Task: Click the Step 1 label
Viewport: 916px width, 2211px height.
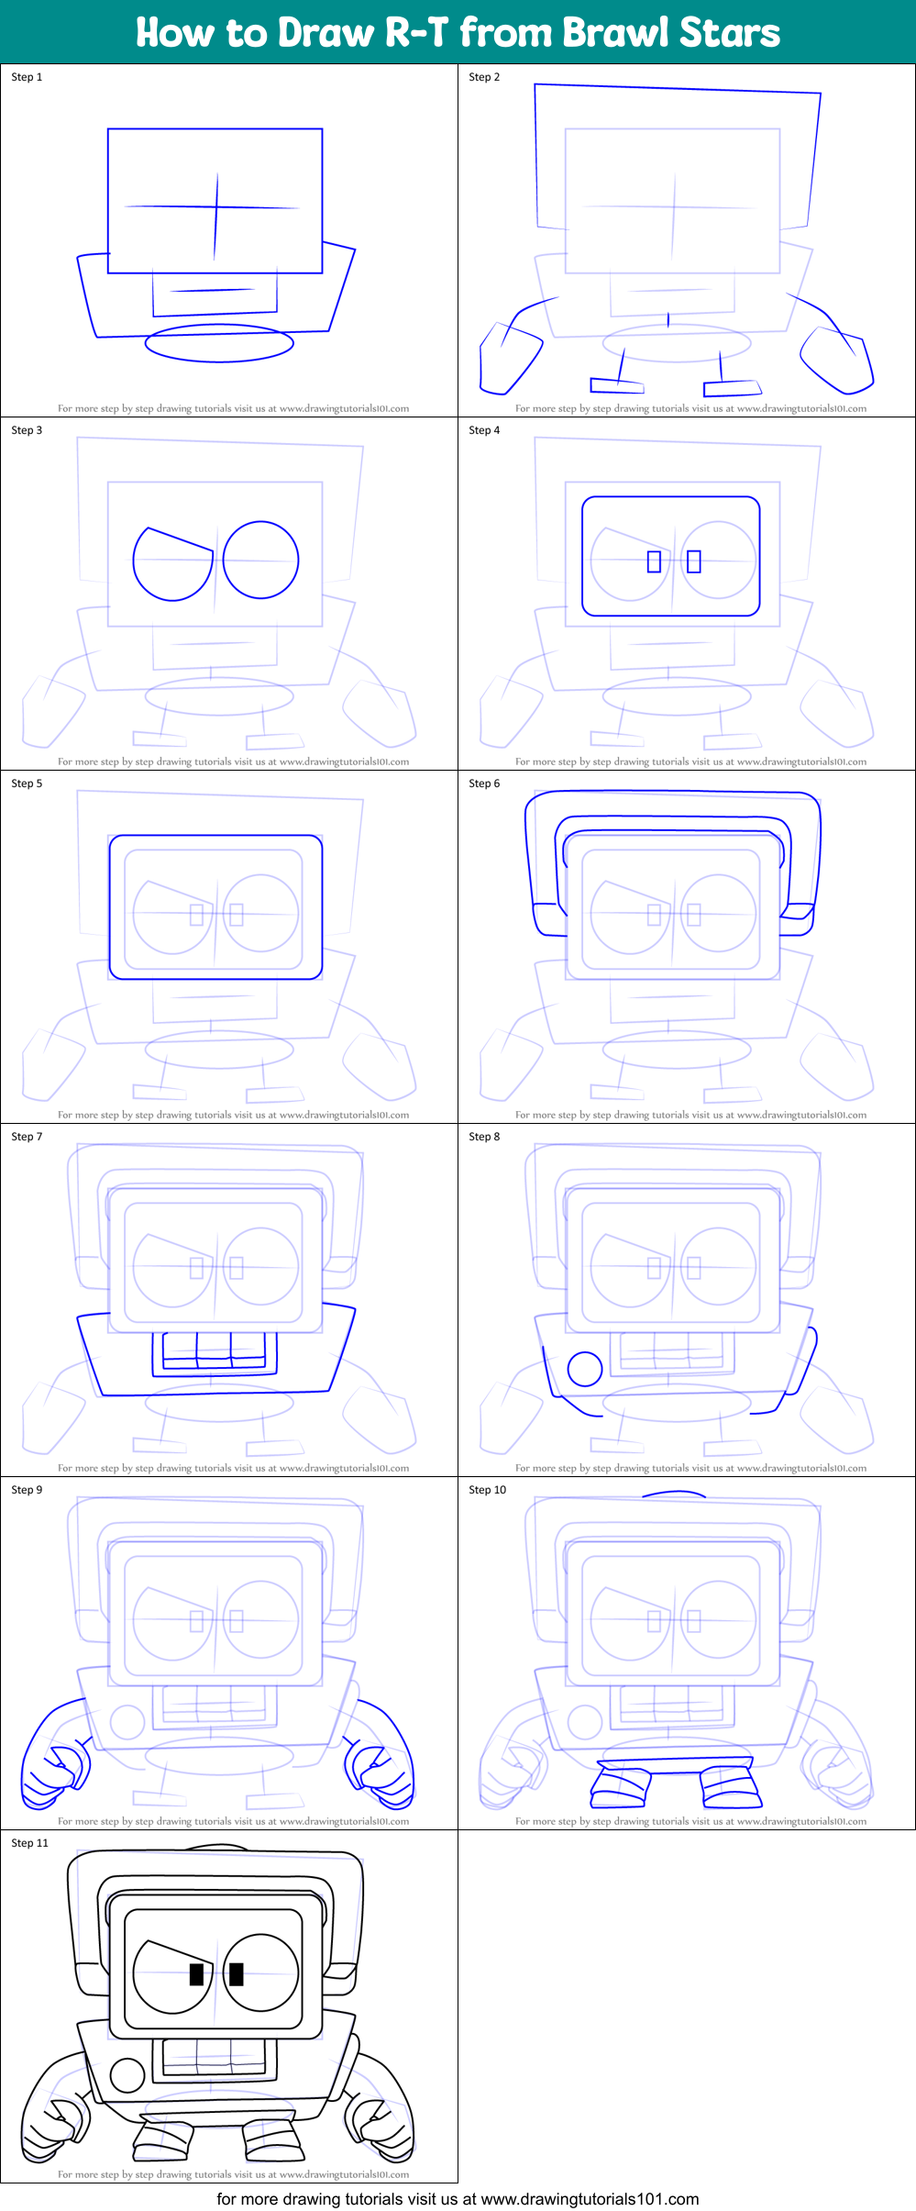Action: coord(27,77)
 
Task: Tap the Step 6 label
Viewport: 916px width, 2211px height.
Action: coord(484,783)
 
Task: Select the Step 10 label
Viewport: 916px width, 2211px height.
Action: coord(487,1490)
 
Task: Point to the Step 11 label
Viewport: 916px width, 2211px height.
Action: coord(29,1842)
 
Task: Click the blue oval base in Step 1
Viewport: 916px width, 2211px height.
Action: coord(219,343)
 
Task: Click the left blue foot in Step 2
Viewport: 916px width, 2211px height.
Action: coord(616,385)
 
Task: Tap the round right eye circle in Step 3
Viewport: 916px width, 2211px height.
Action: coord(260,560)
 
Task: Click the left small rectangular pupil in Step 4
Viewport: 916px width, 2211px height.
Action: coord(654,561)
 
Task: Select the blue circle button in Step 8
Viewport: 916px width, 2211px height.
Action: coord(585,1369)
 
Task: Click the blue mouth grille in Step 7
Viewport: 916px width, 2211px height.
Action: coord(214,1351)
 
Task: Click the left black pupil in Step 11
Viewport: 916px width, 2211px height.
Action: coord(196,1974)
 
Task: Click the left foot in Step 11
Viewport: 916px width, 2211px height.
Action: coord(162,2138)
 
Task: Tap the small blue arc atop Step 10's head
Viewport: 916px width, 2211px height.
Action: coord(674,1494)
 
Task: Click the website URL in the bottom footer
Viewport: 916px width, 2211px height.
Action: coord(590,2199)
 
